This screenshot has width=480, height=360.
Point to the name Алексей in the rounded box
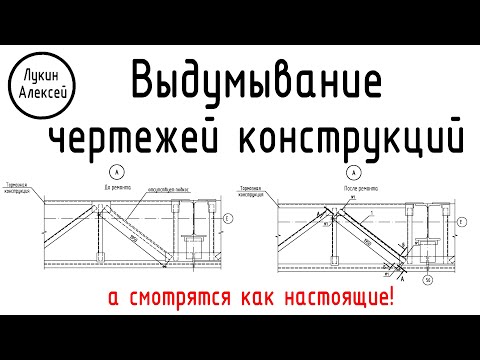42,88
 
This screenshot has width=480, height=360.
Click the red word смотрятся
186,297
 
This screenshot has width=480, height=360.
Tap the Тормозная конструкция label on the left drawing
20,191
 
